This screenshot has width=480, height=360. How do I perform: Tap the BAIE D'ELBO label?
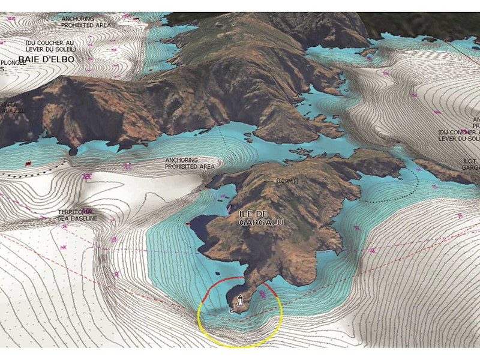pyautogui.click(x=46, y=59)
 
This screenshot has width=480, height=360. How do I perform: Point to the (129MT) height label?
pyautogui.click(x=287, y=181)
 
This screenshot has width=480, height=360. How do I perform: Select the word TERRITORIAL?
pyautogui.click(x=76, y=212)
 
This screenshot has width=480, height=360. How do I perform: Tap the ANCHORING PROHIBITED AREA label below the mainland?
pyautogui.click(x=190, y=163)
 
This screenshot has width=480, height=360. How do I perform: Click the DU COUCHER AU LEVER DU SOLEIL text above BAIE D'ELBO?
pyautogui.click(x=50, y=46)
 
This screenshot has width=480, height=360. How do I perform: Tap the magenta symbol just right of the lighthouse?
pyautogui.click(x=263, y=293)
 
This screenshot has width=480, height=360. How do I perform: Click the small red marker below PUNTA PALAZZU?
pyautogui.click(x=27, y=163)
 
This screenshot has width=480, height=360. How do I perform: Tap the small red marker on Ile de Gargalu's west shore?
pyautogui.click(x=190, y=223)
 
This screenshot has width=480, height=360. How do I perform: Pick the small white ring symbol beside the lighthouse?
pyautogui.click(x=232, y=311)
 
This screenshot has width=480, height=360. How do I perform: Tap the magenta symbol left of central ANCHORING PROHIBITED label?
pyautogui.click(x=127, y=166)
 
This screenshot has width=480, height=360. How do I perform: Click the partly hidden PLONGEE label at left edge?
pyautogui.click(x=11, y=62)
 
